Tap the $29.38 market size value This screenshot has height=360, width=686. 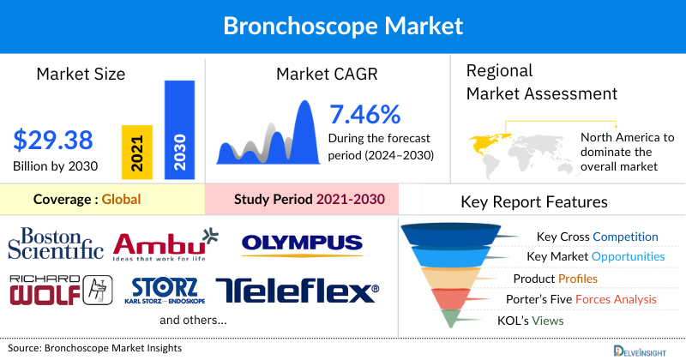click(x=53, y=140)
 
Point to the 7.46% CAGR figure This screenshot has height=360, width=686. click(x=365, y=114)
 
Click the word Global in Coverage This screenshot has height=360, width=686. click(x=121, y=200)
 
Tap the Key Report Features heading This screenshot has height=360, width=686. click(x=534, y=202)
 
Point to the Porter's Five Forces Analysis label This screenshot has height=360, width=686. click(x=585, y=299)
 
